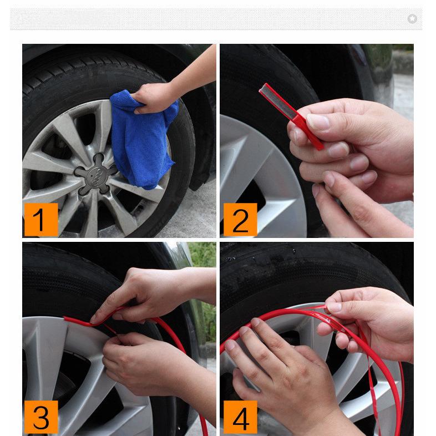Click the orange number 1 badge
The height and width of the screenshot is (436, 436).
[40, 220]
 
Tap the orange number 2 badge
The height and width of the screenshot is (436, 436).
[240, 220]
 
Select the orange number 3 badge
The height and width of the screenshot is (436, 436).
[40, 417]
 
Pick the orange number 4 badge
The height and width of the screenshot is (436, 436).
[240, 417]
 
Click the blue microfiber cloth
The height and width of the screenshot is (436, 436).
[141, 139]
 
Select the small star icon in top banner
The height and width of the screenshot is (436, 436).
[412, 19]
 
